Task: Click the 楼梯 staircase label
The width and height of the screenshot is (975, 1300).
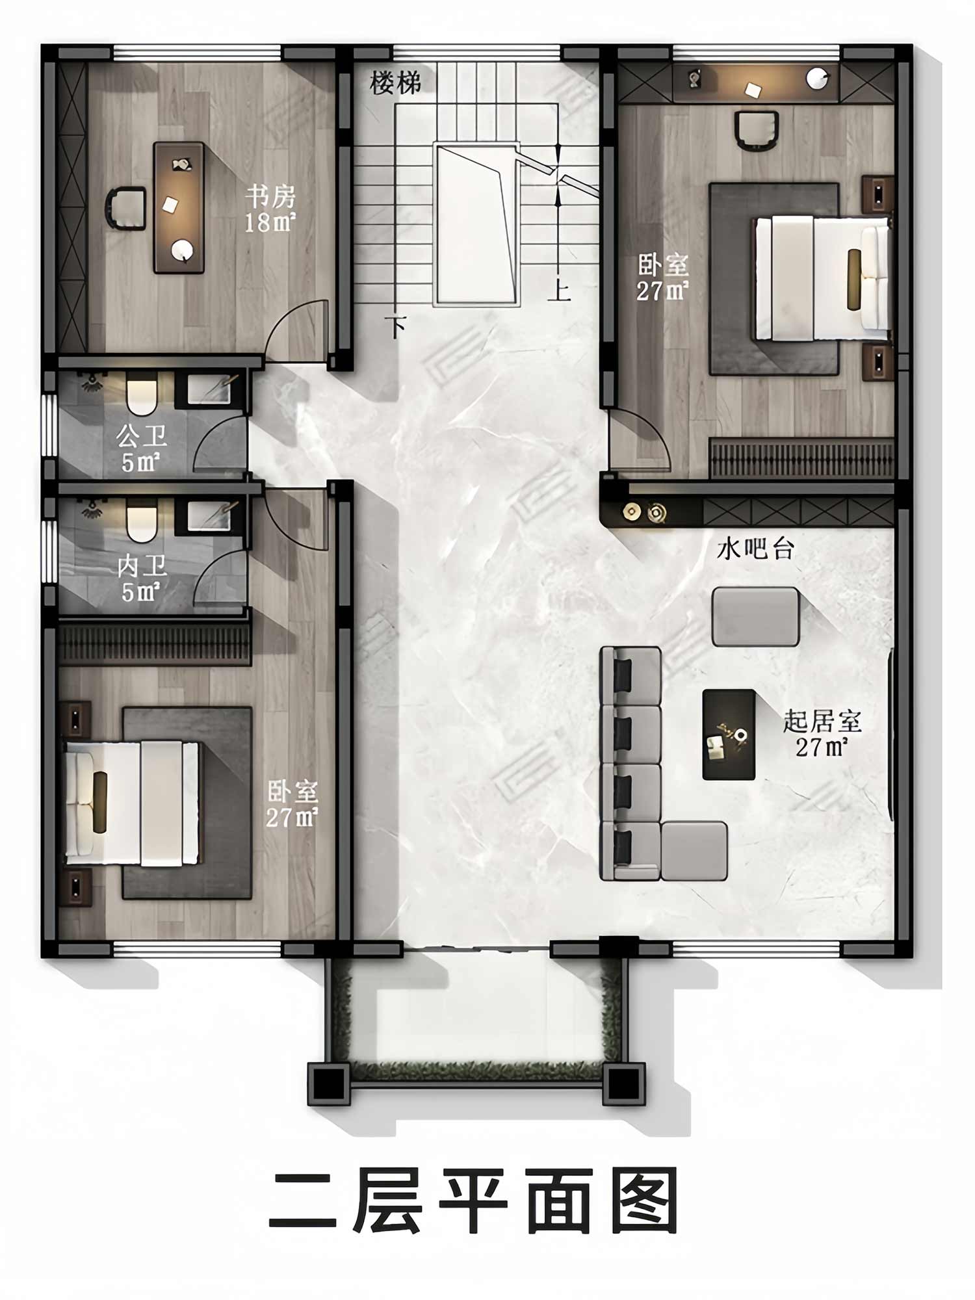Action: click(395, 83)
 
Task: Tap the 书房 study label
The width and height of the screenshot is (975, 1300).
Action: click(270, 196)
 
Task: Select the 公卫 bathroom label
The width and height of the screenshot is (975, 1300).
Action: click(142, 436)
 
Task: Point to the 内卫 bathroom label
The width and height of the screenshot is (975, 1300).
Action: click(142, 566)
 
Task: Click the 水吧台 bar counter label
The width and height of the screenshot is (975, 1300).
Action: click(755, 549)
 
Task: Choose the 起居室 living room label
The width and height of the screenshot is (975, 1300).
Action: click(822, 721)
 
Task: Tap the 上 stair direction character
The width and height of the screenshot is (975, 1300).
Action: click(559, 290)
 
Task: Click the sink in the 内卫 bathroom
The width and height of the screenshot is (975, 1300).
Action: click(209, 515)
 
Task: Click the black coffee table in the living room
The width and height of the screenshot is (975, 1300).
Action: click(729, 734)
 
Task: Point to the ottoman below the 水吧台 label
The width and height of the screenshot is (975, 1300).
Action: click(755, 616)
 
